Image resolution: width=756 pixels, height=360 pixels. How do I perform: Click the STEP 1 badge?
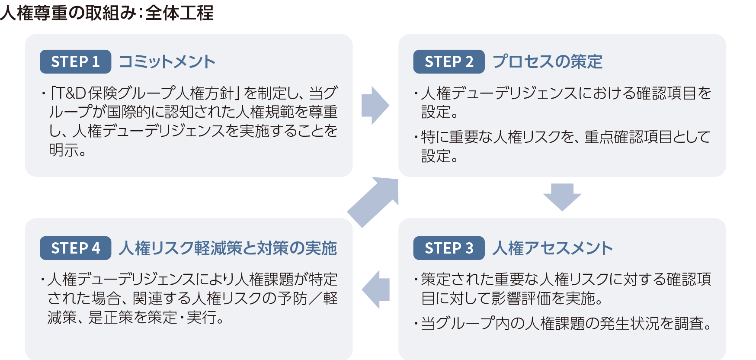[x=75, y=62]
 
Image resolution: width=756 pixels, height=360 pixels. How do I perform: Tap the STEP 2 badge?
[x=448, y=62]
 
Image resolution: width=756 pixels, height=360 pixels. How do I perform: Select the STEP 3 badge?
[x=448, y=248]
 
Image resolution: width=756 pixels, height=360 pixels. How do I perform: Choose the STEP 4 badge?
[x=75, y=248]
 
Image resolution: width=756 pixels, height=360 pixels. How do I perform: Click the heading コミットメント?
[x=167, y=62]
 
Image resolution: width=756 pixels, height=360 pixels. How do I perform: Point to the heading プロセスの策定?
[x=548, y=62]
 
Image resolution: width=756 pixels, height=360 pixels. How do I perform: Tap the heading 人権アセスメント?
[x=553, y=248]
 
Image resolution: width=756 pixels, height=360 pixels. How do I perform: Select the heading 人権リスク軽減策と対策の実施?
[x=228, y=248]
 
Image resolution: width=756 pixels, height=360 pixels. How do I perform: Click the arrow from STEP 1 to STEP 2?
[x=375, y=105]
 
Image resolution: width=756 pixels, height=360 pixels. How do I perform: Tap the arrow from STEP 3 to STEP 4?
[x=375, y=289]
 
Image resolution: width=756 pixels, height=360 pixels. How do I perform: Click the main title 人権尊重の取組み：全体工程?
[x=107, y=13]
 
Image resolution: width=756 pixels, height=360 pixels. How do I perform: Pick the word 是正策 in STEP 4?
[x=110, y=318]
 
